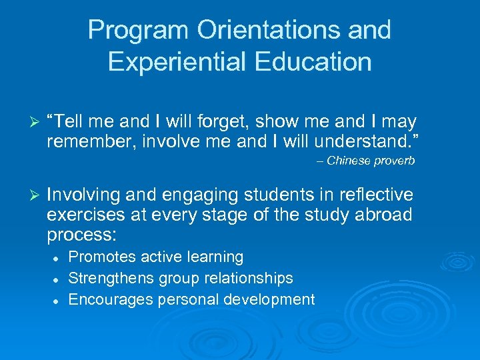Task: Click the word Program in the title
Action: [127, 31]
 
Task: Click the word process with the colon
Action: [81, 235]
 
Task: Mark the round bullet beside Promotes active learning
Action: [58, 257]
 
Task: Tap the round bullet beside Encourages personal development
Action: [58, 300]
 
